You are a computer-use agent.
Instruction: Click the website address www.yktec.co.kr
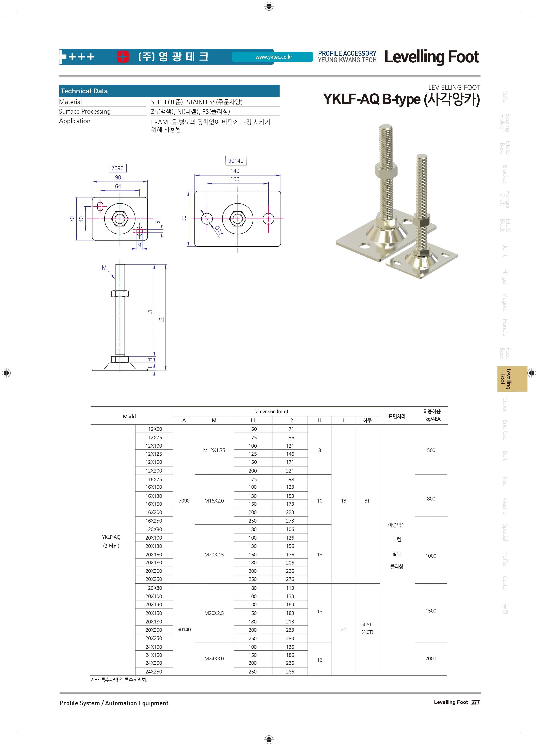(x=274, y=57)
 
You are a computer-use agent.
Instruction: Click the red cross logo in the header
(x=123, y=57)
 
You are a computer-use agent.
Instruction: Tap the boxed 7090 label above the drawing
(x=117, y=168)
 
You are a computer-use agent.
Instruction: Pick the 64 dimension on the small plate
(x=118, y=186)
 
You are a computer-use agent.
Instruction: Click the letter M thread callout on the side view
(x=104, y=268)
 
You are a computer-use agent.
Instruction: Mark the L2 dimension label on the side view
(x=161, y=320)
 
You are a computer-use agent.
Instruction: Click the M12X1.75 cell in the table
(x=214, y=450)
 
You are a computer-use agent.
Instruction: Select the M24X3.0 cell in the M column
(x=214, y=658)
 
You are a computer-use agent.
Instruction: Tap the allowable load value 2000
(x=431, y=658)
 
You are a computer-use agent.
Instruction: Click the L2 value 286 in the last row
(x=290, y=672)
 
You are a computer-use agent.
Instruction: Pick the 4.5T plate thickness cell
(x=367, y=624)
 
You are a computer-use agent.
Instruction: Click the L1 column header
(x=253, y=420)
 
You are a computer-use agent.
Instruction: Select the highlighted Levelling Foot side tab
(x=512, y=379)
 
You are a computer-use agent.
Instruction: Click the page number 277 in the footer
(x=476, y=702)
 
